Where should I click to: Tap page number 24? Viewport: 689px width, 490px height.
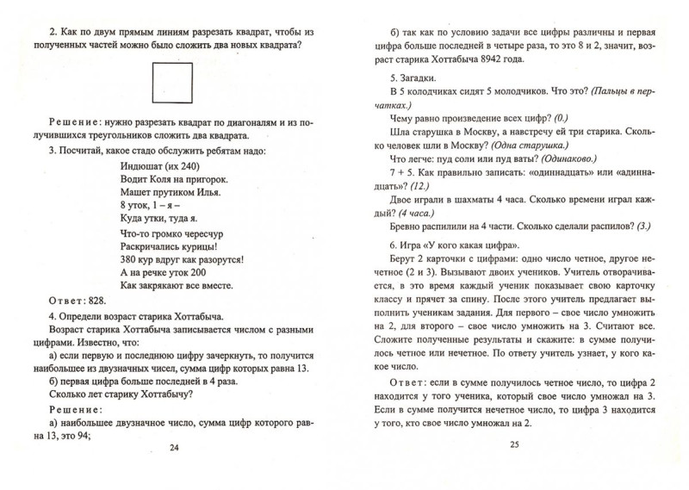[x=175, y=471]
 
